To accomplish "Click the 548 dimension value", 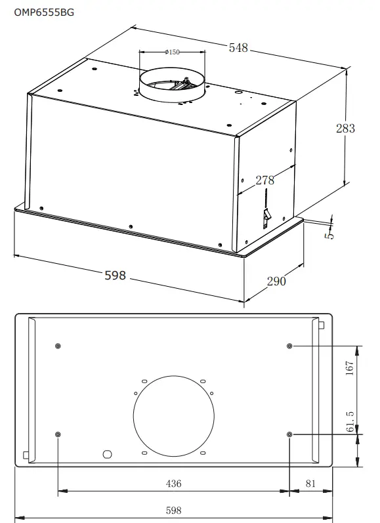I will click(x=238, y=47).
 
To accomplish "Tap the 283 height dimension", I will click(x=345, y=128).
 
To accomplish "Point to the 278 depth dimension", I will click(x=265, y=180).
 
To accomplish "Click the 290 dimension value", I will click(x=276, y=281).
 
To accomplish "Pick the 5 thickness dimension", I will click(x=330, y=232).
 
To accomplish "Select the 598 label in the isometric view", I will click(x=116, y=276).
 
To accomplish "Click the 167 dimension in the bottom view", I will click(x=350, y=368).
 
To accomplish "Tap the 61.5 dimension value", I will click(x=350, y=421).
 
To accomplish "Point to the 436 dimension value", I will click(x=173, y=484).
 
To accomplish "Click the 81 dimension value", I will click(x=310, y=484).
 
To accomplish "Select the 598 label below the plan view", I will click(x=173, y=510).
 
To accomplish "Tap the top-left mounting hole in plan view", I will click(x=58, y=346).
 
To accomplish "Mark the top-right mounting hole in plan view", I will click(x=290, y=346).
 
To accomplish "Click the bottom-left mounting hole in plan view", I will click(x=58, y=434).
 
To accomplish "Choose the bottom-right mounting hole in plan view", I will click(x=290, y=434).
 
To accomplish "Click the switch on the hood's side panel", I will click(x=266, y=217).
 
